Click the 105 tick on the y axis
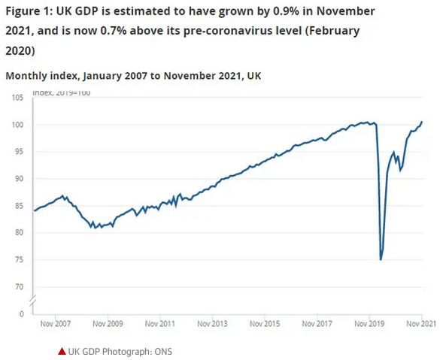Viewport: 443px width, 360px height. pyautogui.click(x=18, y=98)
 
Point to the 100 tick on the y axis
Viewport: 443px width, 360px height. pyautogui.click(x=18, y=125)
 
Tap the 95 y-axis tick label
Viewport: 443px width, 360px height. pyautogui.click(x=20, y=152)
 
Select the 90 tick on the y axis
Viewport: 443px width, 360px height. pyautogui.click(x=20, y=179)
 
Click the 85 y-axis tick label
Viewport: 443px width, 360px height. pyautogui.click(x=20, y=206)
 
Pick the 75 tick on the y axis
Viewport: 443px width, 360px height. pyautogui.click(x=20, y=260)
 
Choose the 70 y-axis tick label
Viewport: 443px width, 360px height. pyautogui.click(x=20, y=287)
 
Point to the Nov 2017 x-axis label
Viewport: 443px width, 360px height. pyautogui.click(x=317, y=325)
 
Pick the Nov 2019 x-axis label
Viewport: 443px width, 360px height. pyautogui.click(x=370, y=325)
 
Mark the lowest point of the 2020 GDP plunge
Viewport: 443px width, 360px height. pyautogui.click(x=381, y=260)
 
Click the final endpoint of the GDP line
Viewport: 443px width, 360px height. pyautogui.click(x=422, y=122)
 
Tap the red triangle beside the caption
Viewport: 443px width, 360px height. pyautogui.click(x=61, y=351)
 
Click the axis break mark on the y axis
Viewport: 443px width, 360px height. pyautogui.click(x=32, y=300)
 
